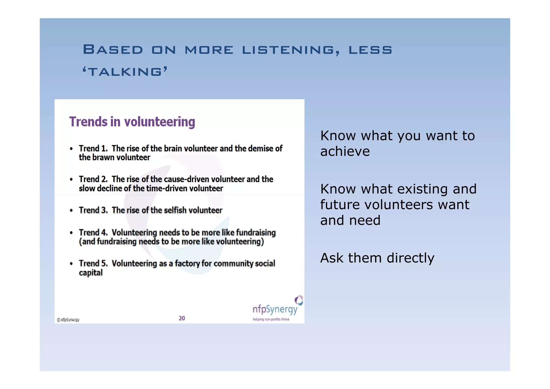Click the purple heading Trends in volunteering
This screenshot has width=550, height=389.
(132, 122)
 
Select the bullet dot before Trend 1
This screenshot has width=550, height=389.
(71, 149)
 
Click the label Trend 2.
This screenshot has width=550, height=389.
(93, 179)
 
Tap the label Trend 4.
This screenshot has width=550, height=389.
(93, 232)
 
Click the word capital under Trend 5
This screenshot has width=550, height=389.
(91, 273)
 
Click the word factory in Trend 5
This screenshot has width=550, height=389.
(187, 264)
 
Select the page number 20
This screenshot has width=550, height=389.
(182, 318)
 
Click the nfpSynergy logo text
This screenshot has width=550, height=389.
(275, 310)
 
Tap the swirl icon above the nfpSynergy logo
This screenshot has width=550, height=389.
(299, 300)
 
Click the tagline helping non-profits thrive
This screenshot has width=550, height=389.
(271, 319)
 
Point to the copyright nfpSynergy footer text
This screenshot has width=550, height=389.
(68, 320)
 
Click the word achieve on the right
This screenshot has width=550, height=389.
(345, 151)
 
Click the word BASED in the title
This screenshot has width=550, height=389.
(113, 50)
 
